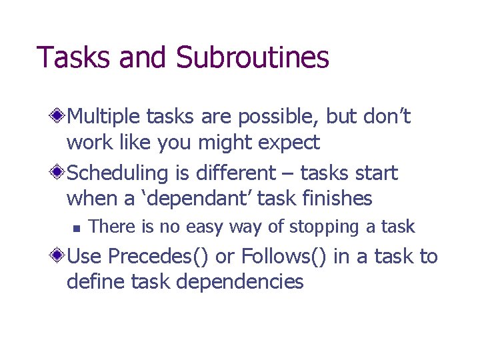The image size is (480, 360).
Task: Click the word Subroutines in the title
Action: pyautogui.click(x=253, y=57)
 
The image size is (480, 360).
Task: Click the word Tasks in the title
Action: pyautogui.click(x=73, y=57)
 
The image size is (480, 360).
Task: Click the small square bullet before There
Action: pyautogui.click(x=76, y=228)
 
